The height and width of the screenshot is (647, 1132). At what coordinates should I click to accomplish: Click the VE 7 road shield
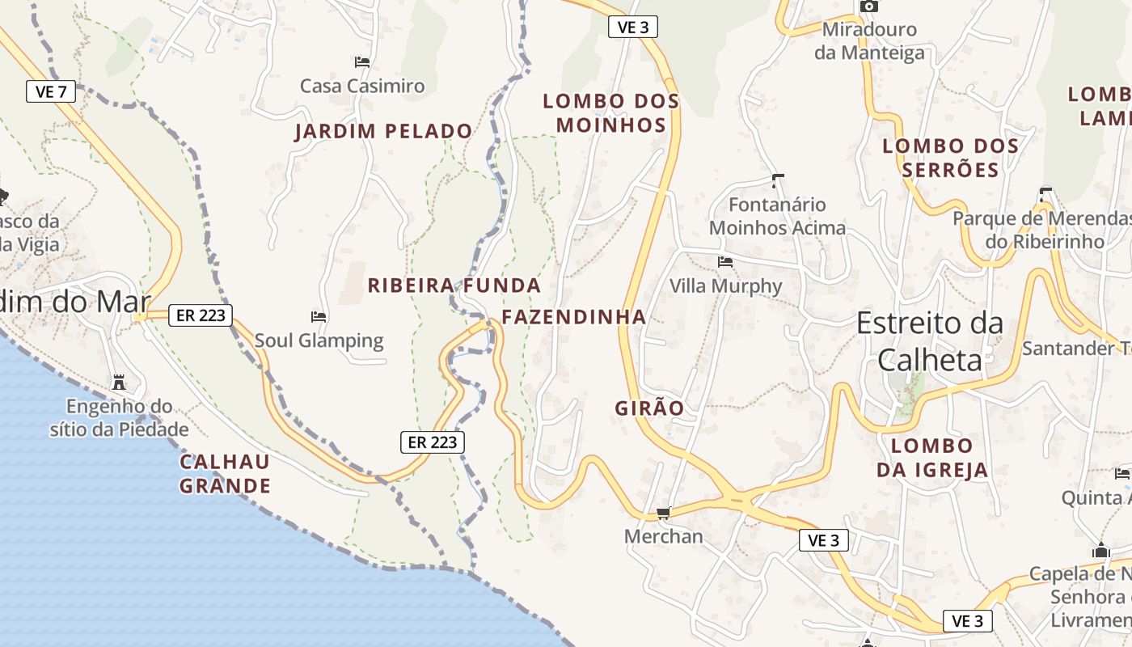pos(51,91)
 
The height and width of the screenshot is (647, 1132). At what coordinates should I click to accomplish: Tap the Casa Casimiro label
pos(361,86)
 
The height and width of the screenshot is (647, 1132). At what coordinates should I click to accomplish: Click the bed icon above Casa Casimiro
pos(361,61)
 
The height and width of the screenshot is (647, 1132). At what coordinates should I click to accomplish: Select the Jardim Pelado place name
pos(383,131)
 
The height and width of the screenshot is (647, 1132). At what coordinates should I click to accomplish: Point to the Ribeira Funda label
pos(454,285)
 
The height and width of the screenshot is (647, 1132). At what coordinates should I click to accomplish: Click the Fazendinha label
pos(573,317)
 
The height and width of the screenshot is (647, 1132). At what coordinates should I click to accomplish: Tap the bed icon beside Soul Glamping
pos(319,316)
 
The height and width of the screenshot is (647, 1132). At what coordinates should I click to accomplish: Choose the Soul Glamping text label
pos(319,340)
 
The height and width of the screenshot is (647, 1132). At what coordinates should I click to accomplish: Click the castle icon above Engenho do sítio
pos(119,381)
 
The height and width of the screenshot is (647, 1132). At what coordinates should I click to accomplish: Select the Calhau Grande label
pos(225,474)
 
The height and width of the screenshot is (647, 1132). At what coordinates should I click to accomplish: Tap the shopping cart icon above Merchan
pos(664,513)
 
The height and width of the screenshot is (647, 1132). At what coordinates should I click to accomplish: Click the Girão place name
pos(649,408)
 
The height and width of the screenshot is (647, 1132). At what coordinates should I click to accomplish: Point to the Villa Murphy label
pos(725,286)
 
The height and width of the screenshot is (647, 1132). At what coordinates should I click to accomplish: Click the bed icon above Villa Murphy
pos(725,262)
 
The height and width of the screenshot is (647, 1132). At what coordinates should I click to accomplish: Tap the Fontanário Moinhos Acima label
pos(777,217)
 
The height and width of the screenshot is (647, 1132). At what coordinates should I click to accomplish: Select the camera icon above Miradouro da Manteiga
pos(869,6)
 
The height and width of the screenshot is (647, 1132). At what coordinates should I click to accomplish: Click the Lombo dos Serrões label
pos(950,158)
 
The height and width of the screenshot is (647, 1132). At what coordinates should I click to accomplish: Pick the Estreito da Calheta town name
pos(930,340)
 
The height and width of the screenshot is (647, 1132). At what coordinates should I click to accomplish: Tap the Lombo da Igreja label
pos(932,458)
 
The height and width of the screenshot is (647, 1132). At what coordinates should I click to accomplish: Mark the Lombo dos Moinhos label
pos(610,113)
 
